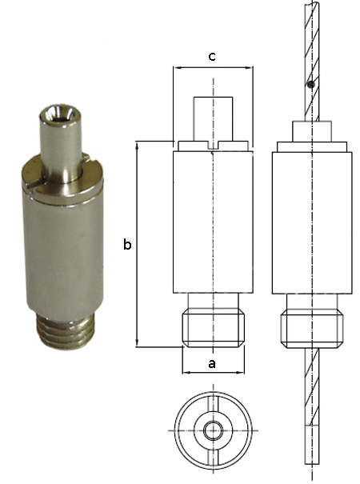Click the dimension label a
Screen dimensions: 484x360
point(212,362)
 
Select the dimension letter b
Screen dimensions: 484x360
point(126,246)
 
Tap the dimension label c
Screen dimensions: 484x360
point(212,56)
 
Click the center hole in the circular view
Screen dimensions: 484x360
point(213,430)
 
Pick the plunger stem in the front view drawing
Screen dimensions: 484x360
point(213,120)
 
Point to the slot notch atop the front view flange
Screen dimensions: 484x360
point(213,146)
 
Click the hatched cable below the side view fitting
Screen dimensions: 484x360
point(311,408)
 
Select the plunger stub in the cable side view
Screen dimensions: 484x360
point(311,131)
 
